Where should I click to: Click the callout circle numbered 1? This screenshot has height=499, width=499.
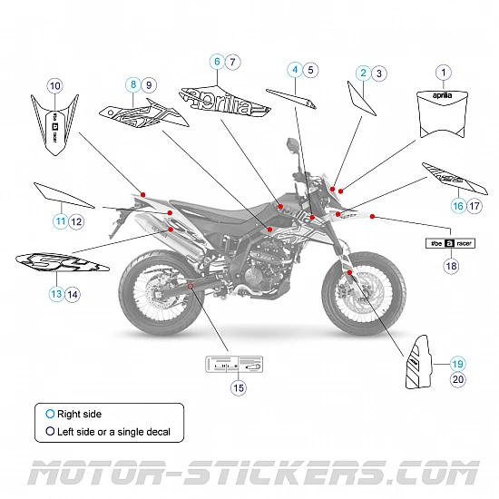pyautogui.click(x=443, y=72)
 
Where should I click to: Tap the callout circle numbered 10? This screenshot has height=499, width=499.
pyautogui.click(x=54, y=85)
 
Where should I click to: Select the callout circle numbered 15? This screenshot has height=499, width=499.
pyautogui.click(x=239, y=387)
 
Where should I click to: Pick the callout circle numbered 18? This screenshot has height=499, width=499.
pyautogui.click(x=451, y=267)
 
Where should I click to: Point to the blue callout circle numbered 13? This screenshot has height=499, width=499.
pyautogui.click(x=56, y=294)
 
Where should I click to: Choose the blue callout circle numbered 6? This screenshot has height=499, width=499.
pyautogui.click(x=217, y=62)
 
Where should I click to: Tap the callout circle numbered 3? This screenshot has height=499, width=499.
pyautogui.click(x=379, y=73)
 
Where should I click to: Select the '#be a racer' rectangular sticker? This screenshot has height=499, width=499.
pyautogui.click(x=451, y=243)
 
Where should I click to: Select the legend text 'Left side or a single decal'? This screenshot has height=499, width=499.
pyautogui.click(x=113, y=432)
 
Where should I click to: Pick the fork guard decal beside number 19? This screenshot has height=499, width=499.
pyautogui.click(x=419, y=364)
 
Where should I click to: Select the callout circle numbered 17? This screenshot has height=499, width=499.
pyautogui.click(x=475, y=206)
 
